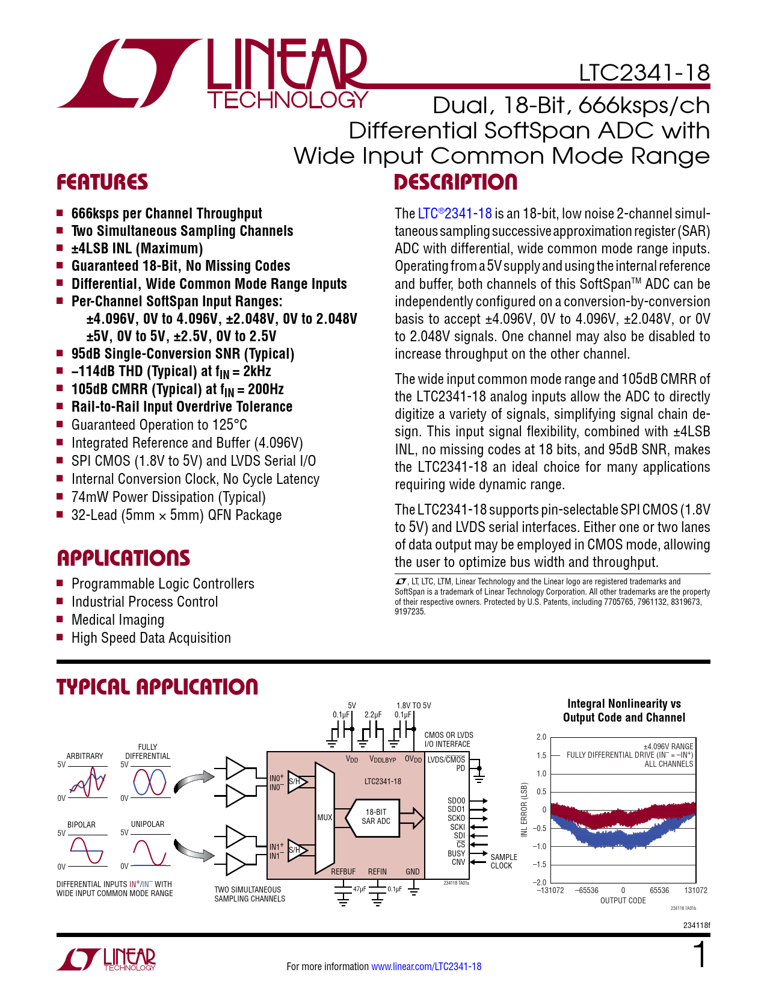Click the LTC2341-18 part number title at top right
[x=644, y=73]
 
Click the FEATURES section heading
[x=102, y=182]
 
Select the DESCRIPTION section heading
[x=455, y=182]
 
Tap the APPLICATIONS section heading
[x=123, y=558]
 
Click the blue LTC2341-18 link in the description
[x=455, y=214]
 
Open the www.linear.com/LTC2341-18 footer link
[x=426, y=967]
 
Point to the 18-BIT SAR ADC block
[x=376, y=817]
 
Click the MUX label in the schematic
[x=325, y=817]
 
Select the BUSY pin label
[x=456, y=853]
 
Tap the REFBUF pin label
[x=343, y=871]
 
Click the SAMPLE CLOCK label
[x=504, y=861]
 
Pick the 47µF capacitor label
[x=360, y=889]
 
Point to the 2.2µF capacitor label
[x=373, y=714]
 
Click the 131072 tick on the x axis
[x=695, y=890]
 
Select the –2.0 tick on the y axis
[x=540, y=883]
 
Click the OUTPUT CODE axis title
[x=623, y=901]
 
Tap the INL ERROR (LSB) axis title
[x=524, y=809]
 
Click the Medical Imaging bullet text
[x=118, y=620]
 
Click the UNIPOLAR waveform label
[x=147, y=824]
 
